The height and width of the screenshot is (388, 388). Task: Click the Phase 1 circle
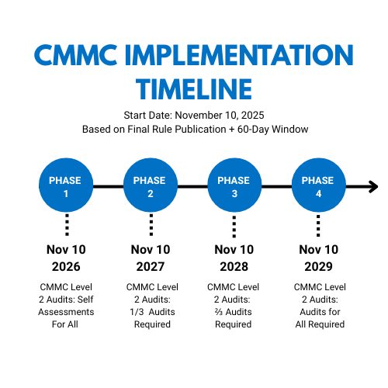(x=66, y=186)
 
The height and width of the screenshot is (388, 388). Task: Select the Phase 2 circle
(x=150, y=186)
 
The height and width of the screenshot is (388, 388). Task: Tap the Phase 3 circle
(x=234, y=186)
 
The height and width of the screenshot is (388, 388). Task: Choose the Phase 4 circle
(x=318, y=186)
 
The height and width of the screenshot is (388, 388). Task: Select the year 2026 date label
(x=66, y=266)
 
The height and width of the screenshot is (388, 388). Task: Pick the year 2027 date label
(x=150, y=266)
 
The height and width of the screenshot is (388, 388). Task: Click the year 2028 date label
(x=234, y=266)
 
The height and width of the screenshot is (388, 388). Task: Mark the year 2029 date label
(x=318, y=266)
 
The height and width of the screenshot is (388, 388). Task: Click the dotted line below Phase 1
(x=66, y=225)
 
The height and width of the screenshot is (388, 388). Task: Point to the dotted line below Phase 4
(x=318, y=225)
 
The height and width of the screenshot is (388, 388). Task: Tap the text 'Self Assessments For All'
(x=66, y=312)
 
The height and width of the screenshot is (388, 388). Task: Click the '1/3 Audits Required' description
(x=150, y=318)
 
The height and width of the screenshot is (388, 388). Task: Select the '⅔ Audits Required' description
(x=234, y=318)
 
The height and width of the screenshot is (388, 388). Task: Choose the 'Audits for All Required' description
(x=318, y=318)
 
